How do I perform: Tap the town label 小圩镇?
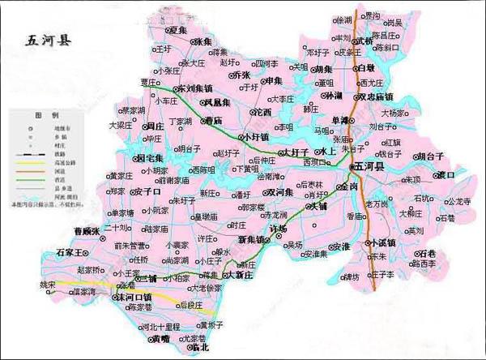tap(256, 137)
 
